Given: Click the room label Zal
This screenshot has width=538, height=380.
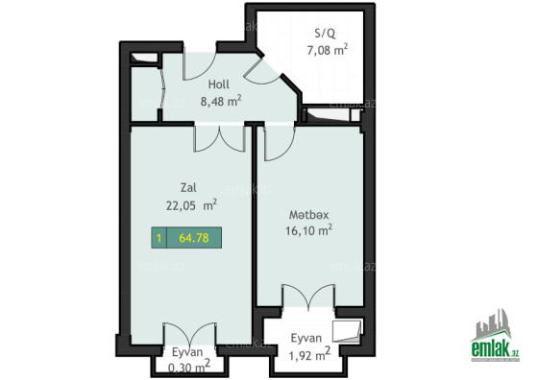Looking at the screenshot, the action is pos(188,188).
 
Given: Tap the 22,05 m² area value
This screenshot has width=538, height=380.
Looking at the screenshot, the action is pos(191,205).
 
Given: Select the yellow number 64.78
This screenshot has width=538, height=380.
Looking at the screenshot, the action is pos(194,238).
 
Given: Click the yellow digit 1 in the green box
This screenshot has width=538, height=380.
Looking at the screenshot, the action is pos(159,238).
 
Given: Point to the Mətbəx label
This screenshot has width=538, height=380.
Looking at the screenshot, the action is pos(308,215).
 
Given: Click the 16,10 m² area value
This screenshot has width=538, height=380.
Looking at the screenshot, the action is pos(308,230).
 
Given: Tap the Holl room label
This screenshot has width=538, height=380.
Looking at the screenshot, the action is pos(219,84).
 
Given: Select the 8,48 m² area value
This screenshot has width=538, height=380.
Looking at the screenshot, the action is pos(221,101).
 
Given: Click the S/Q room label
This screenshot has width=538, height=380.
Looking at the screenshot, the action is pos(326,34).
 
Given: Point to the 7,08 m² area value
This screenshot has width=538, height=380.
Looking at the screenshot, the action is pos(328,50).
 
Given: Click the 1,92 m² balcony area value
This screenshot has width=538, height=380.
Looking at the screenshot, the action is pos(309,355).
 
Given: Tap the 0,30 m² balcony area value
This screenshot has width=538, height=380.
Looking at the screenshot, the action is pos(189,368).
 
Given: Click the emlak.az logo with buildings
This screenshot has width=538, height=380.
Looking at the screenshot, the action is pos(495,335).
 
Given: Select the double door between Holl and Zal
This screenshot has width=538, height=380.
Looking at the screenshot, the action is pos(220,138).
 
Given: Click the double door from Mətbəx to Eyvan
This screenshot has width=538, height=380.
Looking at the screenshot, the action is pos(308,297).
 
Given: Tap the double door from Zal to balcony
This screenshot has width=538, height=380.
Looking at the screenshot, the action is pos(190,335).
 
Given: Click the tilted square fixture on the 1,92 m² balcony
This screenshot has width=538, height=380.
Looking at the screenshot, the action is pos(347,331).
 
